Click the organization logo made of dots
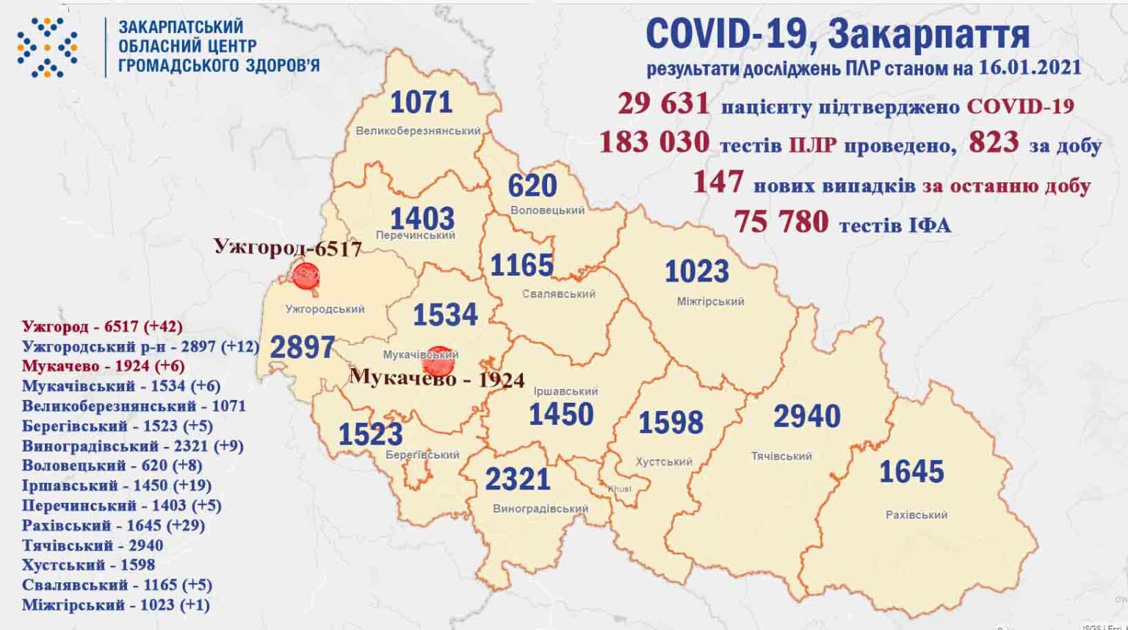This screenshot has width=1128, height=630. [x=47, y=48]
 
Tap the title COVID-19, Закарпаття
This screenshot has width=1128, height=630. [x=837, y=34]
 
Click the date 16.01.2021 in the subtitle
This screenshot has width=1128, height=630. [x=1030, y=68]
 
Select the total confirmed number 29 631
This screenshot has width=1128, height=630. [x=663, y=104]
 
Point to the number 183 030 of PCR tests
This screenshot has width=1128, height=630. [x=654, y=142]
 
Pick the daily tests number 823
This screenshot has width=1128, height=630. [x=994, y=143]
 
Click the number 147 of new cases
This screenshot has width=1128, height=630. [x=717, y=182]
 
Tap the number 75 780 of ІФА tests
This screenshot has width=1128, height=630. [x=781, y=221]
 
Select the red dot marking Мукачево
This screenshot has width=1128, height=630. [x=438, y=360]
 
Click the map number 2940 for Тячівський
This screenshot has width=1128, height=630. [x=806, y=417]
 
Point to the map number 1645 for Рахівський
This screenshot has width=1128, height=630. [x=911, y=472]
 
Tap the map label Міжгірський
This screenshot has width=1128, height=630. [x=710, y=301]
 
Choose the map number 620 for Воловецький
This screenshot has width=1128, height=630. [x=532, y=186]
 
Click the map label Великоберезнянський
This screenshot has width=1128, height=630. [x=418, y=131]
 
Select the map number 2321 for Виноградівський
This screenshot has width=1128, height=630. [x=518, y=480]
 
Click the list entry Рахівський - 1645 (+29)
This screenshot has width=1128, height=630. [x=113, y=526]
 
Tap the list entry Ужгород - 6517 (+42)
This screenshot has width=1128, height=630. [x=102, y=326]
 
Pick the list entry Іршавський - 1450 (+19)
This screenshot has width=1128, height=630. [x=116, y=486]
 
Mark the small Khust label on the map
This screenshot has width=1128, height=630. [x=619, y=489]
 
